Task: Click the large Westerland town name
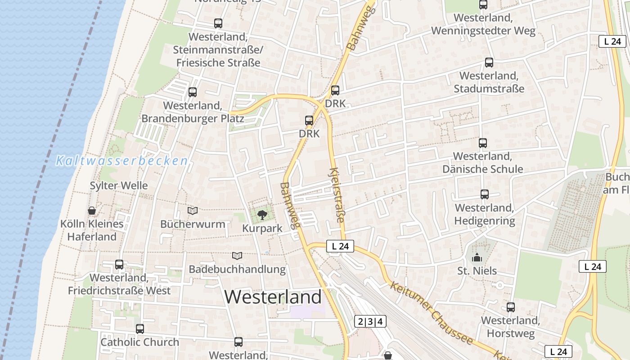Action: click(x=273, y=297)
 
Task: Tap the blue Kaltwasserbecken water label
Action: click(x=121, y=161)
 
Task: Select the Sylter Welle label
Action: click(x=119, y=185)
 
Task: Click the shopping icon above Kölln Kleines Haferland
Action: click(x=92, y=211)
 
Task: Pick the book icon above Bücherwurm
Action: click(x=193, y=211)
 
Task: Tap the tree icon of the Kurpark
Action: click(x=262, y=215)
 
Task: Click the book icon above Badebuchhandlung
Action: click(x=237, y=256)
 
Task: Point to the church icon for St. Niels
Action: click(x=477, y=258)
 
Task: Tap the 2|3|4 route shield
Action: click(x=371, y=321)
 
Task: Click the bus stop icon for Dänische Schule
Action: click(x=483, y=143)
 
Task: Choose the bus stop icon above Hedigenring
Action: click(x=485, y=194)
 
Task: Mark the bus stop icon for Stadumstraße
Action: click(x=489, y=63)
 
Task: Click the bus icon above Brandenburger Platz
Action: click(x=193, y=92)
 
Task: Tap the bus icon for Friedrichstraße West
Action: click(x=119, y=265)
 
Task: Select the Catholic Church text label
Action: click(x=139, y=342)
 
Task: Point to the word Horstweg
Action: click(x=510, y=333)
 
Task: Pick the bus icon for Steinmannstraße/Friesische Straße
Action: click(x=218, y=23)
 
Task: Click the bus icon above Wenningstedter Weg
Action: click(x=483, y=5)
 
